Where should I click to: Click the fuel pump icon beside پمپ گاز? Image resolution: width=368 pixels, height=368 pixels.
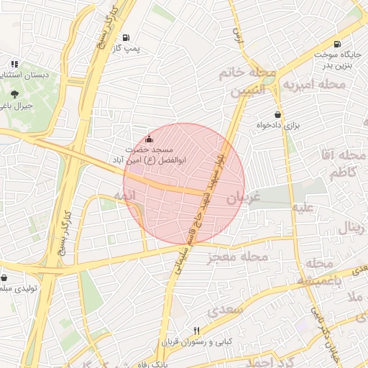click(126, 37)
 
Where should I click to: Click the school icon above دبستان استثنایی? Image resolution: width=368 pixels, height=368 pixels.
click(14, 64)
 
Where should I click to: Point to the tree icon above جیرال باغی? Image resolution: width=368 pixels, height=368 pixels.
click(14, 93)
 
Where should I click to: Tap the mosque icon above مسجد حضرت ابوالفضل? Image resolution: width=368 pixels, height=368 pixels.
click(149, 139)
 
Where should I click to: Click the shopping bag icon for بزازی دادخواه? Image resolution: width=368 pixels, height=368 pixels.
click(277, 114)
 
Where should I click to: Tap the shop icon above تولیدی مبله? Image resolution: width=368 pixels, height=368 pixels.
click(5, 277)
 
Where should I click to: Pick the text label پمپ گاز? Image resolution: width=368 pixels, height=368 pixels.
click(126, 48)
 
